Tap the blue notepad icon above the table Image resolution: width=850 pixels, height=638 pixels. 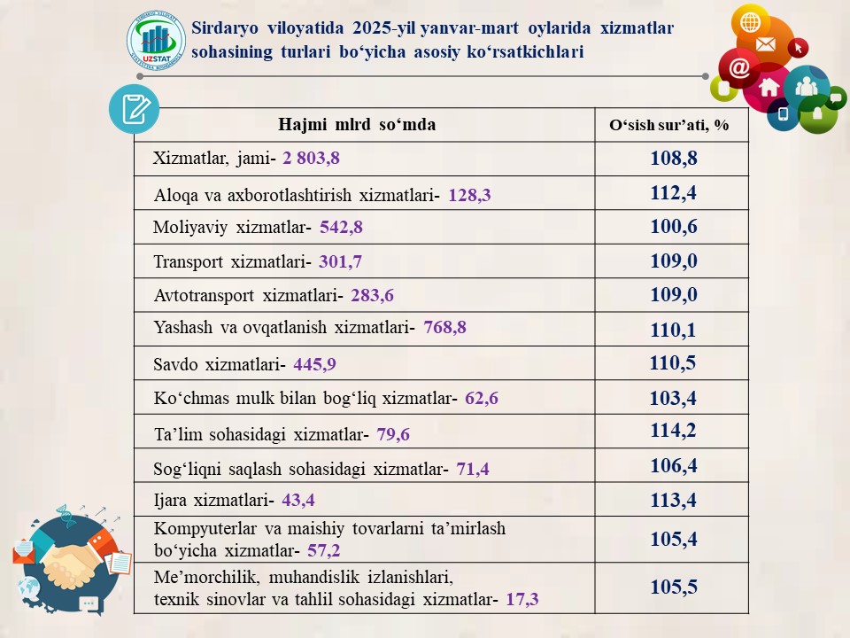pos(134,110)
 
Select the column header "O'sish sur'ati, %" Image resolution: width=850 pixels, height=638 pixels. pos(668,126)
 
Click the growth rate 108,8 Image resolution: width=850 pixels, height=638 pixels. pos(673,159)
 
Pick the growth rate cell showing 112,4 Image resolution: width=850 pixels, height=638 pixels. pos(673,193)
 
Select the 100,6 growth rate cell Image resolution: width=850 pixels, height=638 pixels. pos(673,227)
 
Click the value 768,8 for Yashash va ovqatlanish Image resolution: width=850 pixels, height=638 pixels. pos(444,327)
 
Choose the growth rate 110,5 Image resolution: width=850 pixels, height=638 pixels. pos(673,362)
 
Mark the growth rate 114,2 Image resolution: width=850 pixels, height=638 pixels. pos(673,431)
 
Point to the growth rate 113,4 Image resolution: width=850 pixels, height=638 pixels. pos(673,501)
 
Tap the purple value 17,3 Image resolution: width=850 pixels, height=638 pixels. pos(522,600)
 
